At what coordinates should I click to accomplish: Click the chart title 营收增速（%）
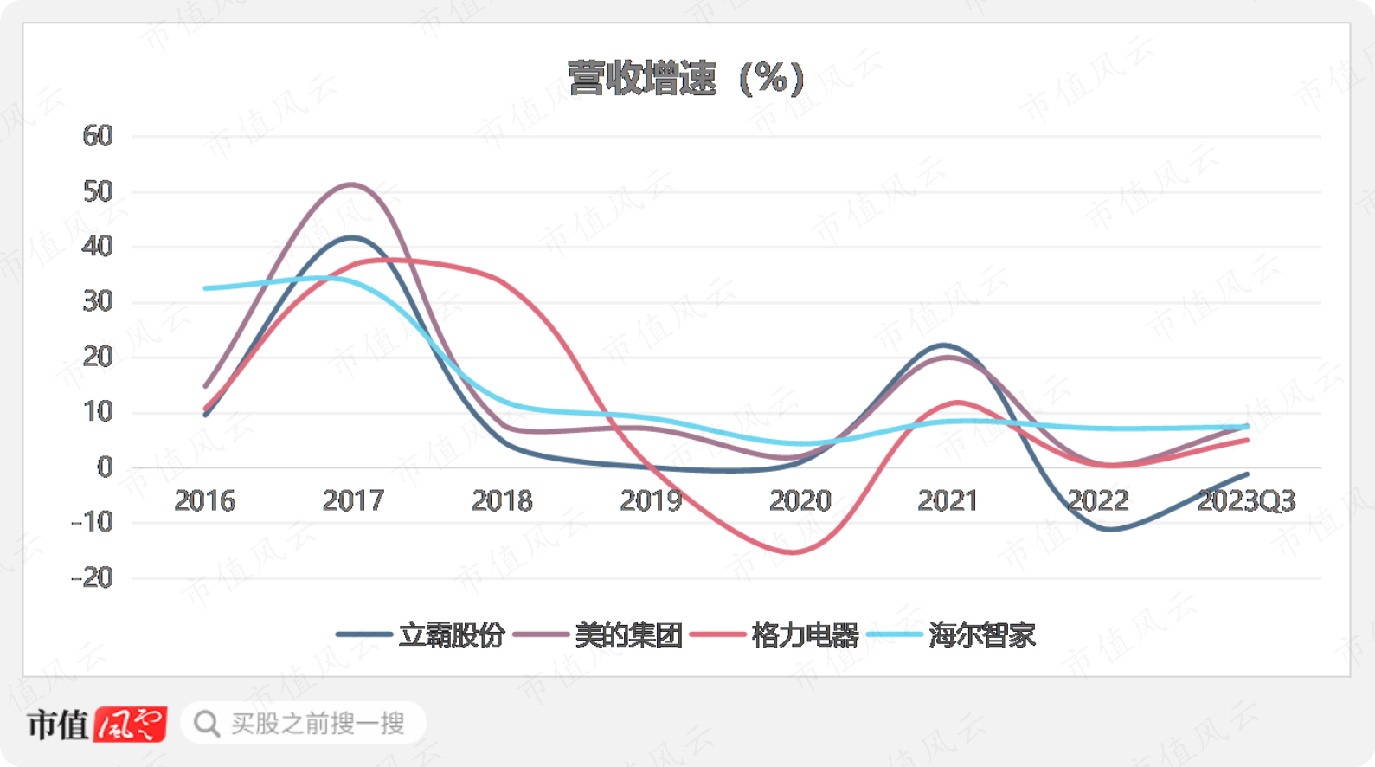click(x=686, y=79)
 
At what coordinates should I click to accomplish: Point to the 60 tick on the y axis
click(x=98, y=136)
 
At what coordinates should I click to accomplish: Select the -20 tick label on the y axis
click(x=93, y=577)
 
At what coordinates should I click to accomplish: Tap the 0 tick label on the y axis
click(x=105, y=467)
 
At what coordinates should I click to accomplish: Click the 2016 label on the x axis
click(x=204, y=500)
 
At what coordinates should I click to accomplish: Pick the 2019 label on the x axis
click(x=651, y=500)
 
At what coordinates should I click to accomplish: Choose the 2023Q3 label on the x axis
click(x=1245, y=500)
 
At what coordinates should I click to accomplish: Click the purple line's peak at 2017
click(x=351, y=184)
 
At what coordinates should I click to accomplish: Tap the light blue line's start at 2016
click(x=206, y=288)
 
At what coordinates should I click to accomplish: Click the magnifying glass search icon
click(x=206, y=724)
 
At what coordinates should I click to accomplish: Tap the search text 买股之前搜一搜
click(x=318, y=724)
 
